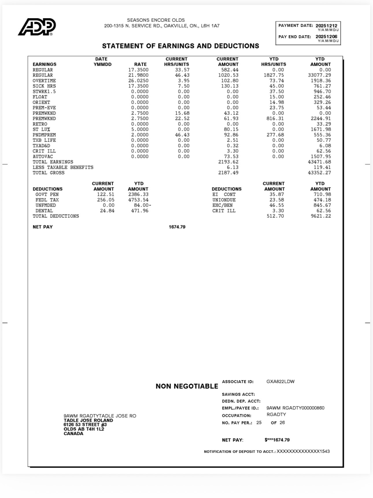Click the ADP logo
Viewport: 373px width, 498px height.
[x=37, y=27]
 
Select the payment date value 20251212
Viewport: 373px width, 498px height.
[x=326, y=26]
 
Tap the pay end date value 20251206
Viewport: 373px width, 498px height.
[x=326, y=37]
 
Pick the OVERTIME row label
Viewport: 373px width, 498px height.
[x=44, y=81]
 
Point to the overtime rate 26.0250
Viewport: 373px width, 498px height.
[x=138, y=81]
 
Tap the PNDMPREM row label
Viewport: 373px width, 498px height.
[x=44, y=135]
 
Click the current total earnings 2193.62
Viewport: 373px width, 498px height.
[x=228, y=162]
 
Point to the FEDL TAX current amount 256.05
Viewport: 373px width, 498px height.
[x=106, y=200]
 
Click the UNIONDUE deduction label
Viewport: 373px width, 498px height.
[x=224, y=200]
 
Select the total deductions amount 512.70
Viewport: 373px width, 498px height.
[x=275, y=216]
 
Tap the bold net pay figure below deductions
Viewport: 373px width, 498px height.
[x=177, y=227]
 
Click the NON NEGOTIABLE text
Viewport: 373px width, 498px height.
[x=187, y=386]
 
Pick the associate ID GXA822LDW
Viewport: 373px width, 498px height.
[x=280, y=382]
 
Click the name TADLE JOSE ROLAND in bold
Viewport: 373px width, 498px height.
[x=88, y=420]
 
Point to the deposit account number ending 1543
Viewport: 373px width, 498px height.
[x=303, y=451]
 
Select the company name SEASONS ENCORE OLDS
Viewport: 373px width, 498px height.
[x=156, y=20]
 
